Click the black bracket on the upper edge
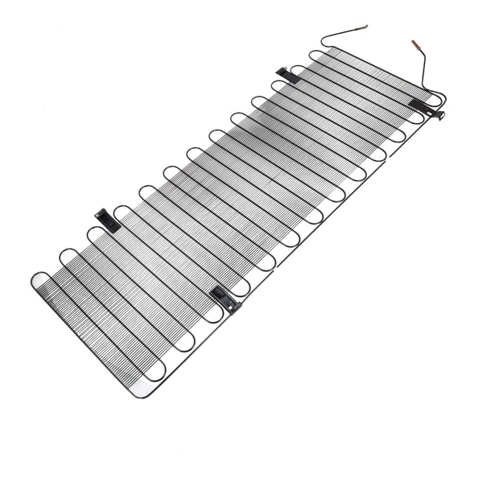tap(287, 75)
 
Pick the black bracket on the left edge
tap(107, 220)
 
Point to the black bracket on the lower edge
tap(225, 299)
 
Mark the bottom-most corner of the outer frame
tap(137, 396)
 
